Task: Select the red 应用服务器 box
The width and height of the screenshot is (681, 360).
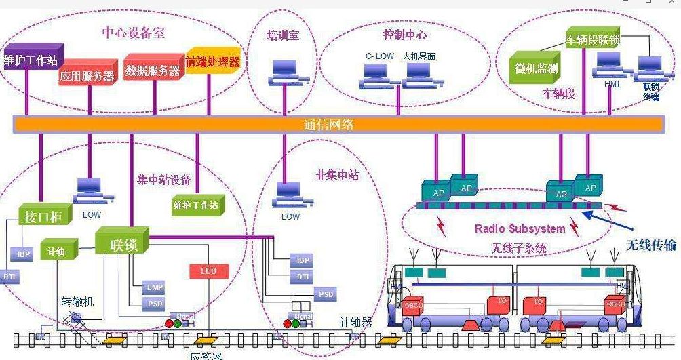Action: tap(87, 75)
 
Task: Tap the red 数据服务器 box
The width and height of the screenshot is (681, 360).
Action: tap(153, 69)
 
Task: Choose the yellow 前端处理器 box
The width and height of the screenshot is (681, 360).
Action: tap(213, 62)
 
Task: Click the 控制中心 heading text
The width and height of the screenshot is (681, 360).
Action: tap(405, 34)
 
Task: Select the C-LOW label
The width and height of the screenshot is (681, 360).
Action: tap(379, 56)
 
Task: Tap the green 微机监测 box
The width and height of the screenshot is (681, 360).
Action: tap(535, 68)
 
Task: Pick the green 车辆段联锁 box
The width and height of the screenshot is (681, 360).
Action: tap(594, 39)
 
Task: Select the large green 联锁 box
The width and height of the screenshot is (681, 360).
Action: tap(122, 244)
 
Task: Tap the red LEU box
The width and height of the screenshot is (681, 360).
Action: tap(209, 271)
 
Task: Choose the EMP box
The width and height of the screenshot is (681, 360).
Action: tap(155, 287)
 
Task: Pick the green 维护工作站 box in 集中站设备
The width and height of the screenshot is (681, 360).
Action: tap(195, 205)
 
